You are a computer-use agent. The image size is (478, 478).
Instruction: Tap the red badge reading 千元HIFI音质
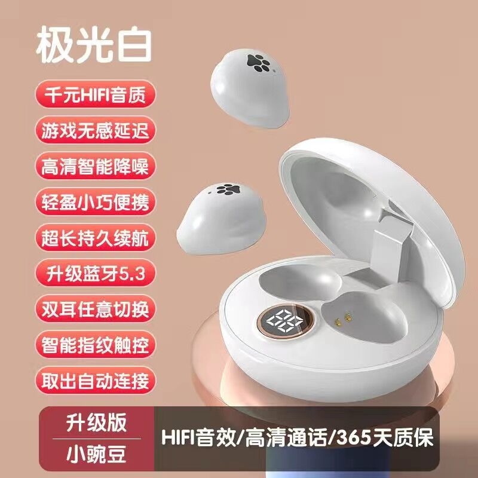[96, 94]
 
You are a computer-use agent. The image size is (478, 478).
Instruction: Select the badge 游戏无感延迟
[96, 130]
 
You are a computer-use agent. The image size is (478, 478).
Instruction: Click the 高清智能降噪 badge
[96, 166]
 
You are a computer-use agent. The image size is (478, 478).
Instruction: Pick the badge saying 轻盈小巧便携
[96, 201]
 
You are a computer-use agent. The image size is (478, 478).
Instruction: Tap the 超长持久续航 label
[96, 237]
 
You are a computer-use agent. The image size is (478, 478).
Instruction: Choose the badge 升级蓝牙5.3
[96, 273]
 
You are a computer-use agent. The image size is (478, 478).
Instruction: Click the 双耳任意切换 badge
[96, 308]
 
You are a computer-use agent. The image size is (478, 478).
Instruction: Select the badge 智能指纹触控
[96, 345]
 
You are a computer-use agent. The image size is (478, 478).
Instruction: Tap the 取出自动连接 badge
[96, 380]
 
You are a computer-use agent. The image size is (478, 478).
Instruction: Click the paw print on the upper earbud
[259, 63]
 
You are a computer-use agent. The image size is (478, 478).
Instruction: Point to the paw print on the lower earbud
[228, 189]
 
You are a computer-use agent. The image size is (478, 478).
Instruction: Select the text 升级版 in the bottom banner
[96, 423]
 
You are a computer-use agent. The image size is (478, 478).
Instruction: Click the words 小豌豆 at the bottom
[96, 454]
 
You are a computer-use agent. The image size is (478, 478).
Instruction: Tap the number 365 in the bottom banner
[353, 437]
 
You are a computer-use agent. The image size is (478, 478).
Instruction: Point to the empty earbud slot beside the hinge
[301, 282]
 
